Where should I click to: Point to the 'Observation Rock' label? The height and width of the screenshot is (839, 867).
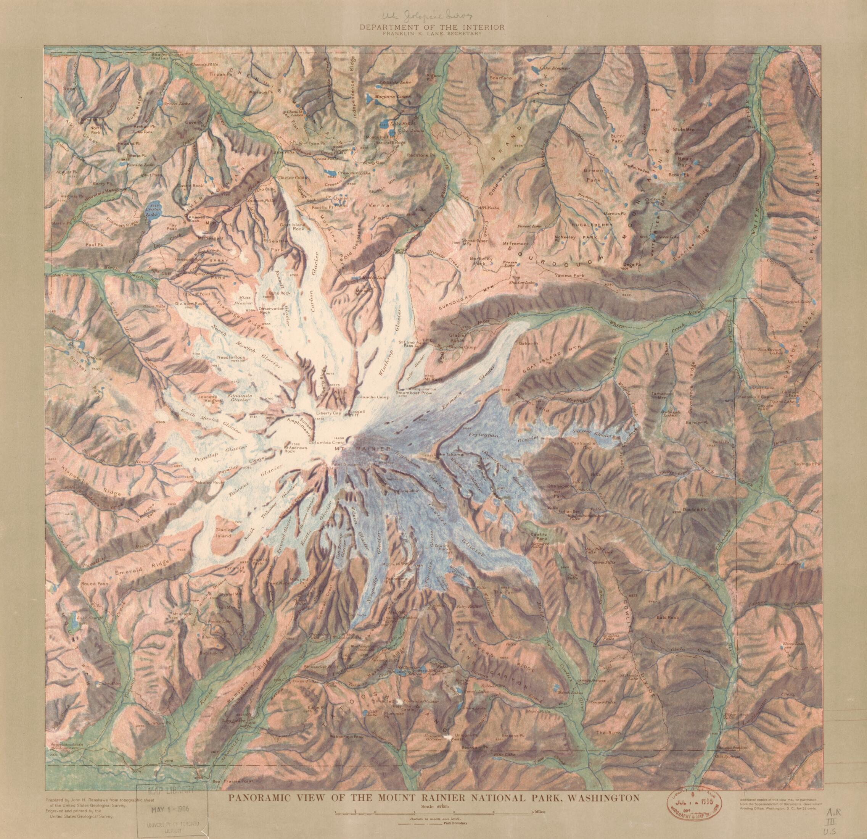click(x=271, y=310)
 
